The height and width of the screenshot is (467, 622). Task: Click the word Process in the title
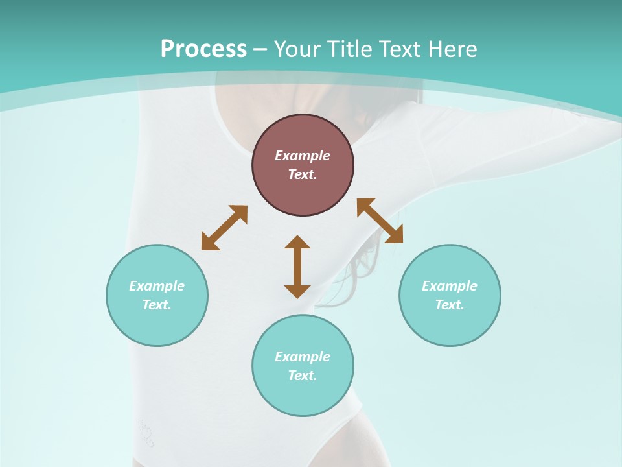[203, 49]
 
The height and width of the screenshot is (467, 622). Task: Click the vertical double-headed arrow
[297, 267]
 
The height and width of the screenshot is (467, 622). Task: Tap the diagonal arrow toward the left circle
[224, 228]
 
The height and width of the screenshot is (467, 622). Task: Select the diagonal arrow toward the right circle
[380, 221]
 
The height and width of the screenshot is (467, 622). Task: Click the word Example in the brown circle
[303, 156]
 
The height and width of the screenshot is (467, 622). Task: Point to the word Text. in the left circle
[157, 305]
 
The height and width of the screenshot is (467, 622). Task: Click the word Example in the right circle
[450, 286]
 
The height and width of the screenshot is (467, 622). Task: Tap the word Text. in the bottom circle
[303, 376]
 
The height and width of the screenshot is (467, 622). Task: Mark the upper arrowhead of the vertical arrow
[297, 242]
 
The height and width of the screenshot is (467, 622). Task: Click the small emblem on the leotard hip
[147, 433]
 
